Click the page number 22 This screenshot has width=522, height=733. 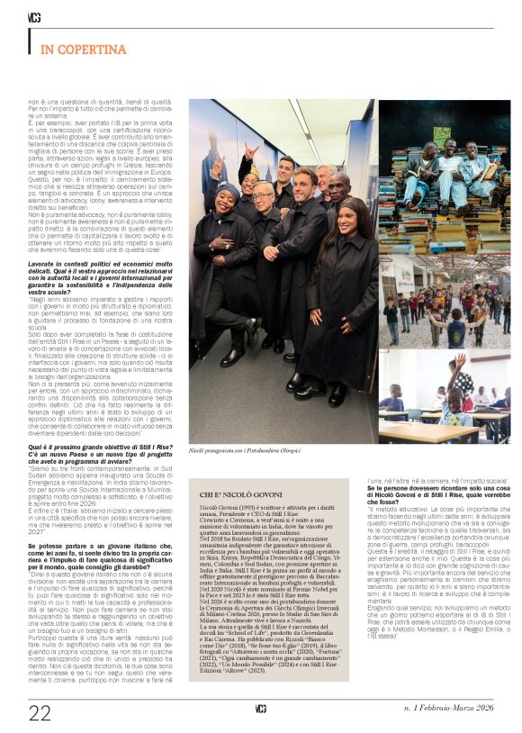(x=40, y=713)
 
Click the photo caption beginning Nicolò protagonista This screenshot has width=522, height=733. (x=244, y=448)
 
